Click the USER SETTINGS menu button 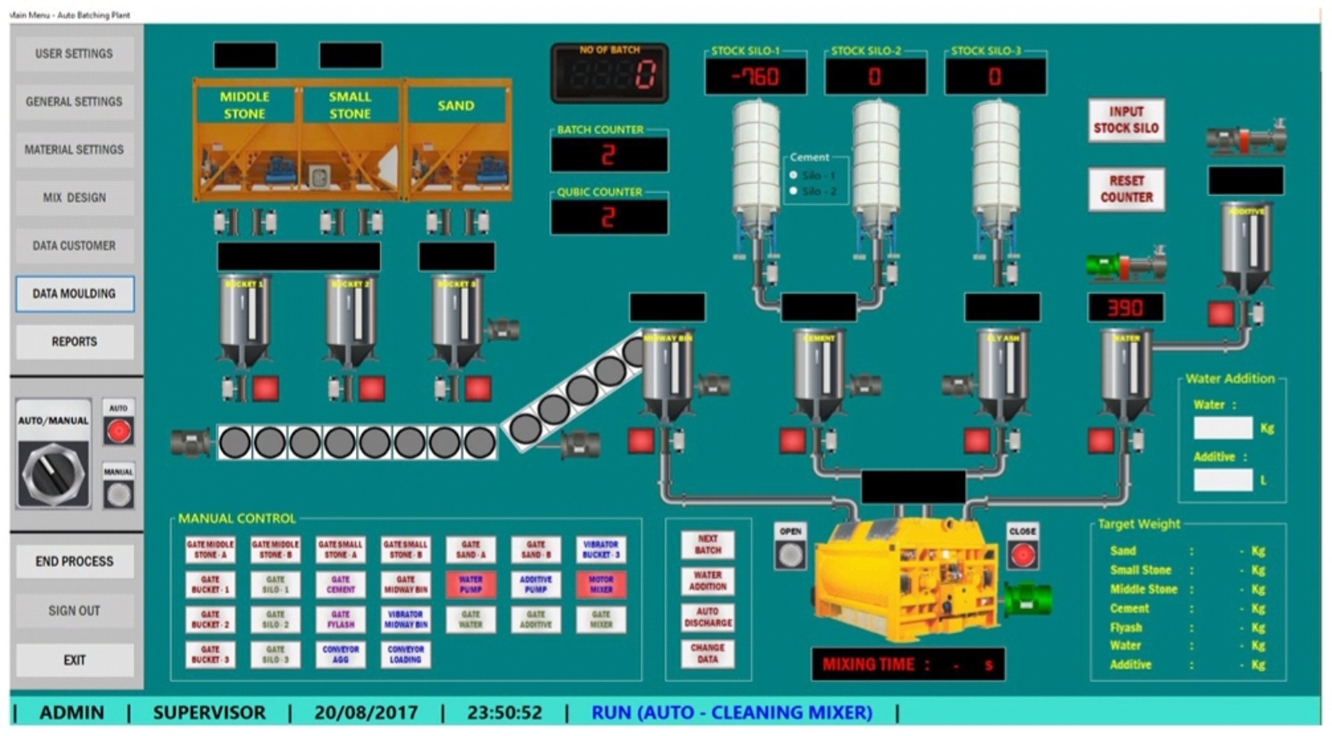point(74,53)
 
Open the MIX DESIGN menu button point(74,198)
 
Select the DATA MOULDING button point(74,293)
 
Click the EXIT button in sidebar point(74,660)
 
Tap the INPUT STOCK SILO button point(1126,120)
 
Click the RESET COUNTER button point(1126,189)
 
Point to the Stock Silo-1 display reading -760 point(755,76)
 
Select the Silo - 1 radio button point(794,176)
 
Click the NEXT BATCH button point(708,545)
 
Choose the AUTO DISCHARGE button point(708,617)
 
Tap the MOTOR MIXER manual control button point(601,584)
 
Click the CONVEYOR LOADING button point(405,654)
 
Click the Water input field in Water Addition point(1222,428)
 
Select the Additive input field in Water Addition point(1222,479)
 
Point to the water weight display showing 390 point(1125,308)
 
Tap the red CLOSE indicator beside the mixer point(1023,555)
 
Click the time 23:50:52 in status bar point(504,712)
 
